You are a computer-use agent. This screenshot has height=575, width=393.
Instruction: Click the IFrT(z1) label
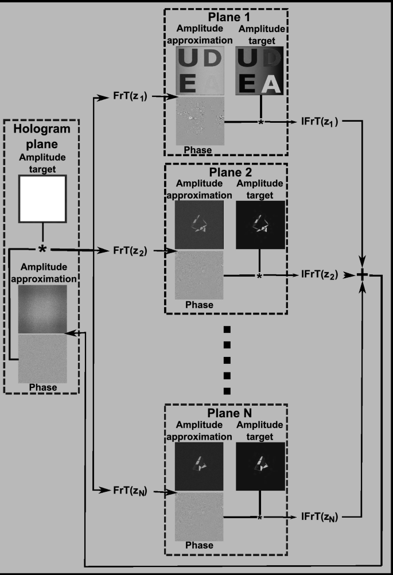pos(322,123)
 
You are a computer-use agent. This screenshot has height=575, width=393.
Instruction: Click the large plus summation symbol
pos(363,275)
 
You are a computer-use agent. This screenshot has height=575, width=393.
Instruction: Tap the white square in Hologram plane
pos(43,199)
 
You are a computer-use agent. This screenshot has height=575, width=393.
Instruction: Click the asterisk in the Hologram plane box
pos(42,250)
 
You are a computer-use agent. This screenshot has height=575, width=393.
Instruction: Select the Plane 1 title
pos(225,16)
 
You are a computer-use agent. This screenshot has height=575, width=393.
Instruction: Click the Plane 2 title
pos(225,171)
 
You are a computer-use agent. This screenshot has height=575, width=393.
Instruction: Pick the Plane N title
pos(225,412)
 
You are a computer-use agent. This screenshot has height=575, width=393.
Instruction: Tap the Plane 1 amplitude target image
pos(260,71)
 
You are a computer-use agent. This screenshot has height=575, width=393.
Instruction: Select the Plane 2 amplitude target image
pos(260,224)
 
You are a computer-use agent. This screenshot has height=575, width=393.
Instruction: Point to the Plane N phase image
pos(199,515)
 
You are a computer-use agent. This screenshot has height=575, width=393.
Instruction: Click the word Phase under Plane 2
pos(199,305)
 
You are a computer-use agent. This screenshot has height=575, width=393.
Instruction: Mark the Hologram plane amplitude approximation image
pos(42,309)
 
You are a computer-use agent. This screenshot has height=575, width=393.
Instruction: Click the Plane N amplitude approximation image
pos(199,466)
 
